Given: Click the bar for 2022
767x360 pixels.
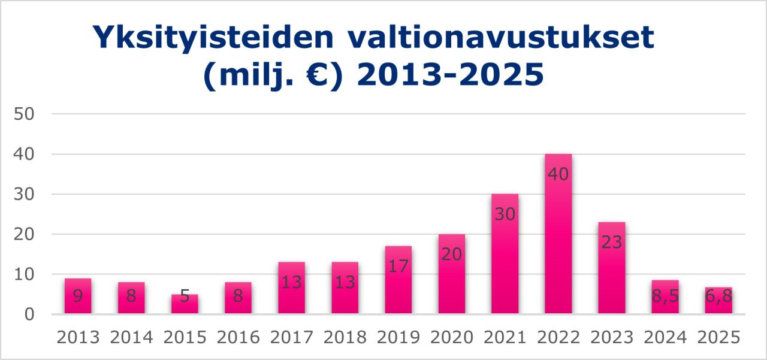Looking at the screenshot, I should [x=558, y=234].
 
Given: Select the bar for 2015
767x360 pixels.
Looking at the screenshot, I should [x=185, y=304].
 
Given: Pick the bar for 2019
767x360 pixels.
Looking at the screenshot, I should [x=398, y=280].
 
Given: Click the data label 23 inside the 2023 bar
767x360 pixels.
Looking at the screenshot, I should [x=612, y=243].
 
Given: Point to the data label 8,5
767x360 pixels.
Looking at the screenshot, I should [x=665, y=297].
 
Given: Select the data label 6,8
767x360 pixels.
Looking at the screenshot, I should [x=718, y=297].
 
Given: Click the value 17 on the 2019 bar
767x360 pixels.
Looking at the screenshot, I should [x=398, y=267].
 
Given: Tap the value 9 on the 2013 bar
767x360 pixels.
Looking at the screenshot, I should [x=78, y=297].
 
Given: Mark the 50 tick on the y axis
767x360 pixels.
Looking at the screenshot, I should [x=25, y=114].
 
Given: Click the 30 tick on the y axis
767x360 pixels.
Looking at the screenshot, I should [x=25, y=194].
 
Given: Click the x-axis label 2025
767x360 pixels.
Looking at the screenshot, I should [x=718, y=337].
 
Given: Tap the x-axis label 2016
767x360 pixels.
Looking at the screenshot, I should [x=238, y=337].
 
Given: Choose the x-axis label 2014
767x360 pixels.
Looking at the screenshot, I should [x=131, y=337].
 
